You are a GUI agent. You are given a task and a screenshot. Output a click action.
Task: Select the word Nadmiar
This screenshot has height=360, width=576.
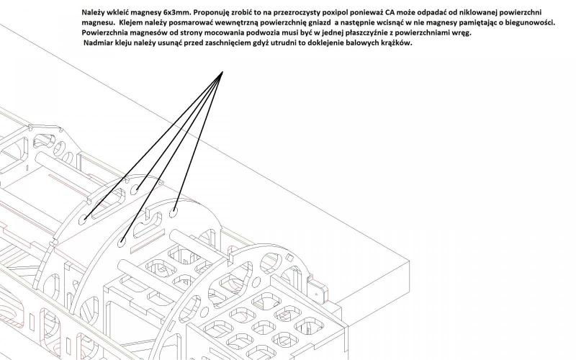(101, 44)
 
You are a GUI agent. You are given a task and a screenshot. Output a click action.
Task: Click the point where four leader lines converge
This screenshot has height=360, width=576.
(222, 71)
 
